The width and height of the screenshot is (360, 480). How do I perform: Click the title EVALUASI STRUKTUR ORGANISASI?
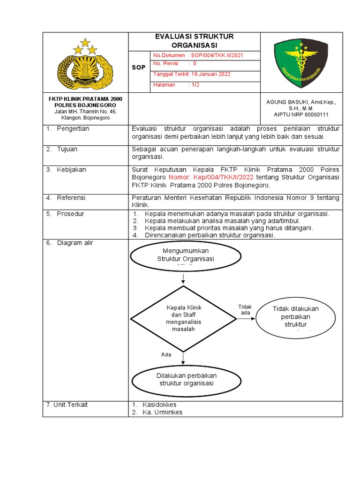[x=194, y=41]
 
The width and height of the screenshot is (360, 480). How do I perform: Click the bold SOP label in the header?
[x=138, y=67]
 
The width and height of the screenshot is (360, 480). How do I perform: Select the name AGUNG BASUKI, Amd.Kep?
[x=301, y=101]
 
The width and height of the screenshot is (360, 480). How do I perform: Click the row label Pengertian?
[x=73, y=129]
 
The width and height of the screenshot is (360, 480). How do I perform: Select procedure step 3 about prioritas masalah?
[x=229, y=228]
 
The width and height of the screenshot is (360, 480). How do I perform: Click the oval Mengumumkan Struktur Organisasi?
[x=186, y=257]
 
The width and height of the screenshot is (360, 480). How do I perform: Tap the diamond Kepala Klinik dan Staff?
[x=183, y=318]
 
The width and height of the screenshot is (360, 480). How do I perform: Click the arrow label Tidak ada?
[x=245, y=310]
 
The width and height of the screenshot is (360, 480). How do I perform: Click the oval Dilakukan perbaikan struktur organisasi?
[x=186, y=379]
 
